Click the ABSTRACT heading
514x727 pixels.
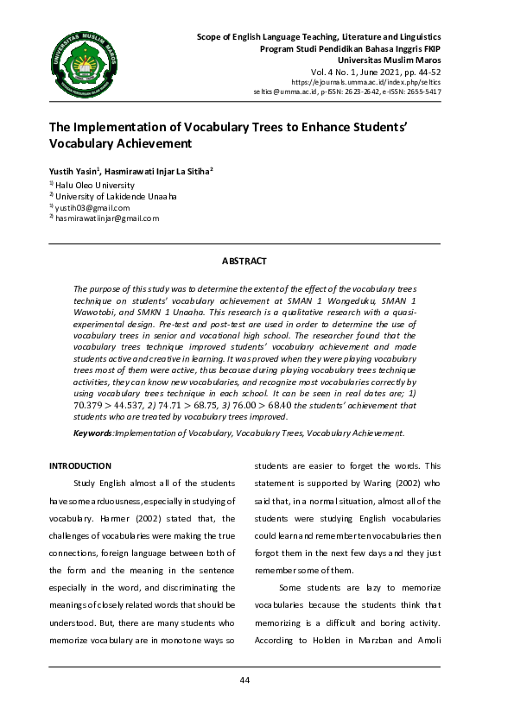tap(244, 261)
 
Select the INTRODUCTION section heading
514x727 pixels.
tap(80, 466)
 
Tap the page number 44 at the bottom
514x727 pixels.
tap(244, 680)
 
